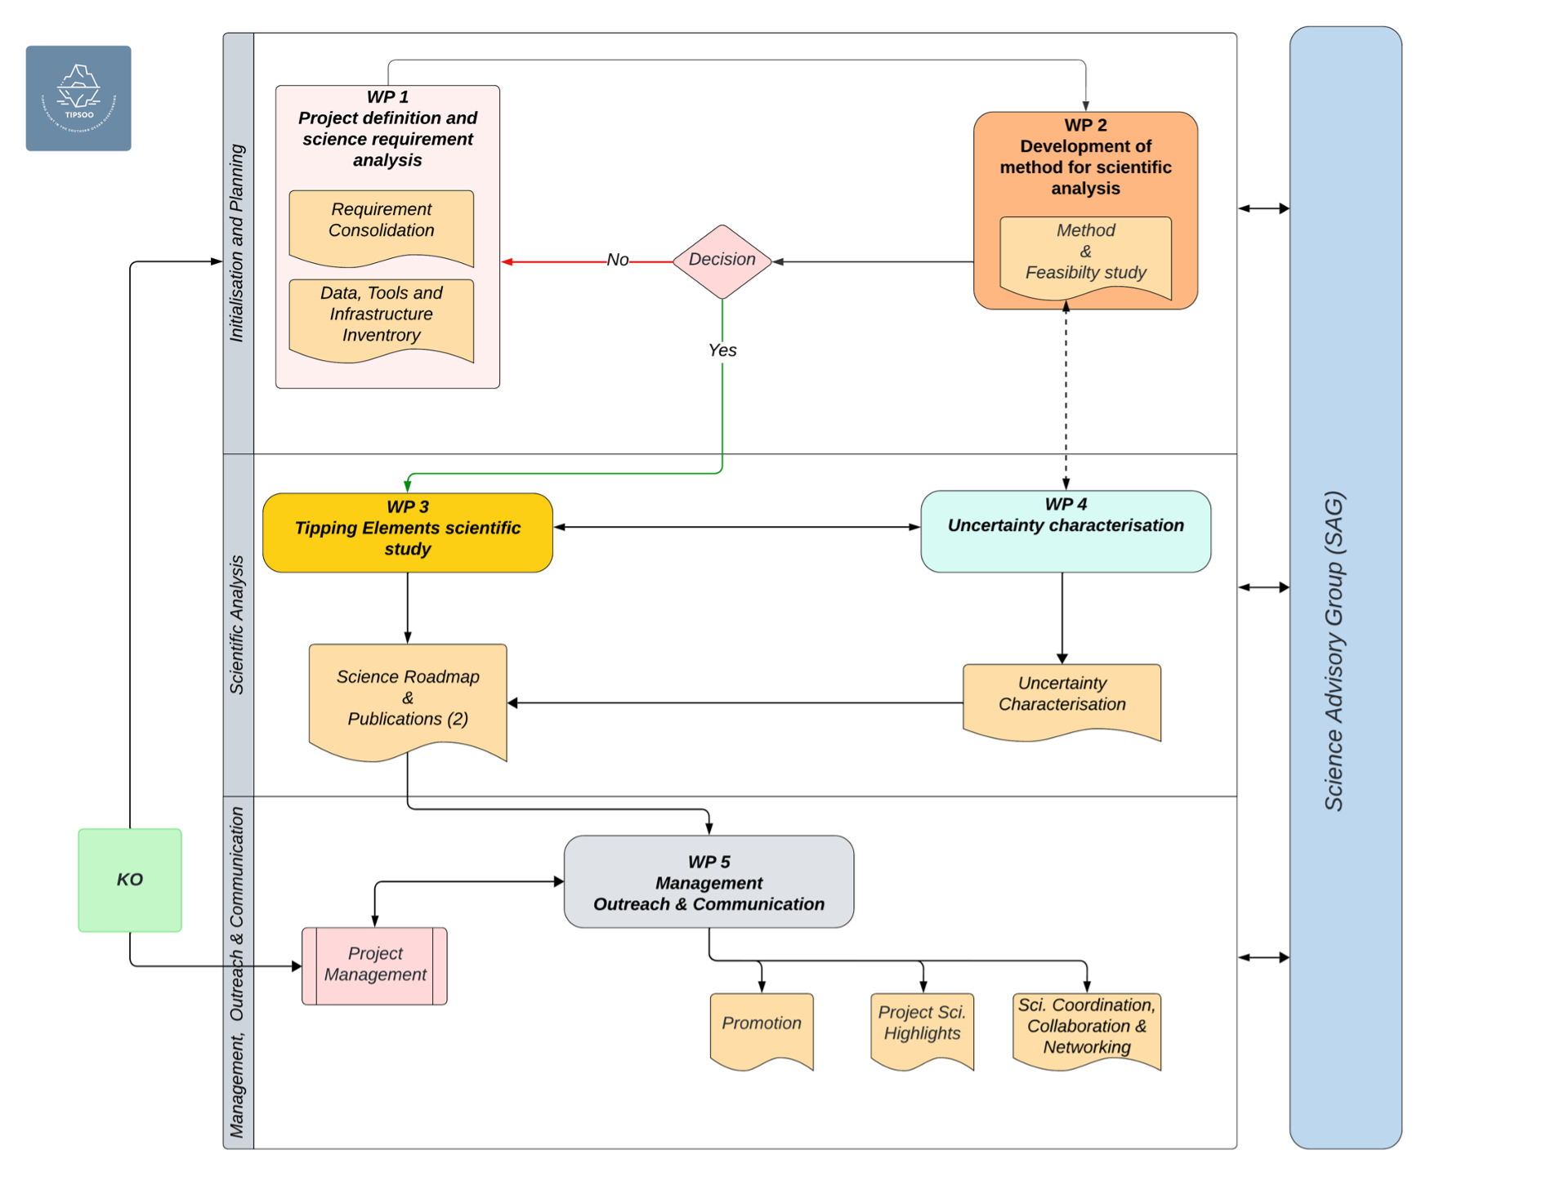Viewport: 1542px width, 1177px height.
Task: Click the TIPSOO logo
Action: (x=78, y=98)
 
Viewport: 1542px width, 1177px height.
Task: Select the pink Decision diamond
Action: (x=722, y=261)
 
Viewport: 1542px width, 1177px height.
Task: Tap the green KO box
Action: (x=130, y=880)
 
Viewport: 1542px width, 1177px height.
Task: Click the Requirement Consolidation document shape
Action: (x=381, y=225)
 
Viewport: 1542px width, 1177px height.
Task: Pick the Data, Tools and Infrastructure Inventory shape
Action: (x=381, y=317)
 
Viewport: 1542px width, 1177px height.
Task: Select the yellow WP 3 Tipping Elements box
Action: (x=407, y=531)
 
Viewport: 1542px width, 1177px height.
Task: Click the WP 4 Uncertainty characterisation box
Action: (x=1065, y=531)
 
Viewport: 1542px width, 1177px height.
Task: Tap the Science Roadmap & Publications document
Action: (x=407, y=699)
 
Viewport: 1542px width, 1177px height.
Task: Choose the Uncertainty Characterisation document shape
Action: (x=1062, y=698)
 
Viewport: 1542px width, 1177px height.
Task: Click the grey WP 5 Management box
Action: (x=708, y=882)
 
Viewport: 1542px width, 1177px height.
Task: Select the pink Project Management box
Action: (x=374, y=965)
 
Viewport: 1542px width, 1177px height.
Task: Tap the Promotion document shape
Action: (x=761, y=1027)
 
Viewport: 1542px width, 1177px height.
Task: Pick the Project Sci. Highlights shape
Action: (x=922, y=1027)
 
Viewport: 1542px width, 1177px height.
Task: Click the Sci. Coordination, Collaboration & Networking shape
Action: (x=1086, y=1028)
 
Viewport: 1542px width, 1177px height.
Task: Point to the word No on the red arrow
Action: (x=618, y=260)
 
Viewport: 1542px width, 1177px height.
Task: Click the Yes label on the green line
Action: (x=722, y=350)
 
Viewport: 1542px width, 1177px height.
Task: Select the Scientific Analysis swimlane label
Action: (x=237, y=625)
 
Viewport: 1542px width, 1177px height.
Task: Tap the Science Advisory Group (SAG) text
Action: (x=1334, y=650)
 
